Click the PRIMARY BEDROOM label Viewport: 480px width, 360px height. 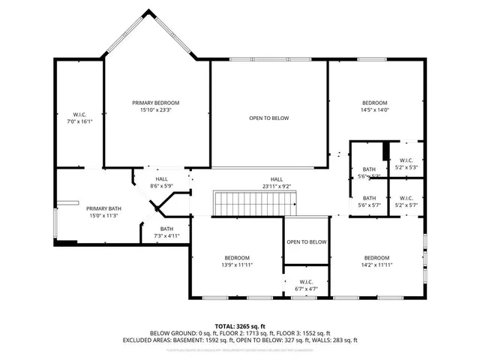click(x=156, y=103)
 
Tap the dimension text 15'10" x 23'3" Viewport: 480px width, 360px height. click(x=156, y=110)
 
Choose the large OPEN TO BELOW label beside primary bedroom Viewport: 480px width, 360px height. click(x=268, y=118)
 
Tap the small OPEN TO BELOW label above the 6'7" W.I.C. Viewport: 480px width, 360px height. click(x=306, y=241)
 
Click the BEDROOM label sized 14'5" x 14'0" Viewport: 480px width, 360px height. click(x=374, y=103)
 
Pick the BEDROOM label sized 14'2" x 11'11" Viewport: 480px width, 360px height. click(x=376, y=256)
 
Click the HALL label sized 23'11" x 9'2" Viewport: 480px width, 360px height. click(x=277, y=178)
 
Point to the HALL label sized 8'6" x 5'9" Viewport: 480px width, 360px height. click(x=161, y=178)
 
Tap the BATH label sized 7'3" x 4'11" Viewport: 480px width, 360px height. click(x=166, y=229)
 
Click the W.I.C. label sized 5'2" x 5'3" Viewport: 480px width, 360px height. click(x=406, y=160)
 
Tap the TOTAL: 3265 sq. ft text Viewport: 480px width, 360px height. click(x=240, y=326)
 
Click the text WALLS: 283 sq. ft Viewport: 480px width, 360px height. click(x=334, y=340)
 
